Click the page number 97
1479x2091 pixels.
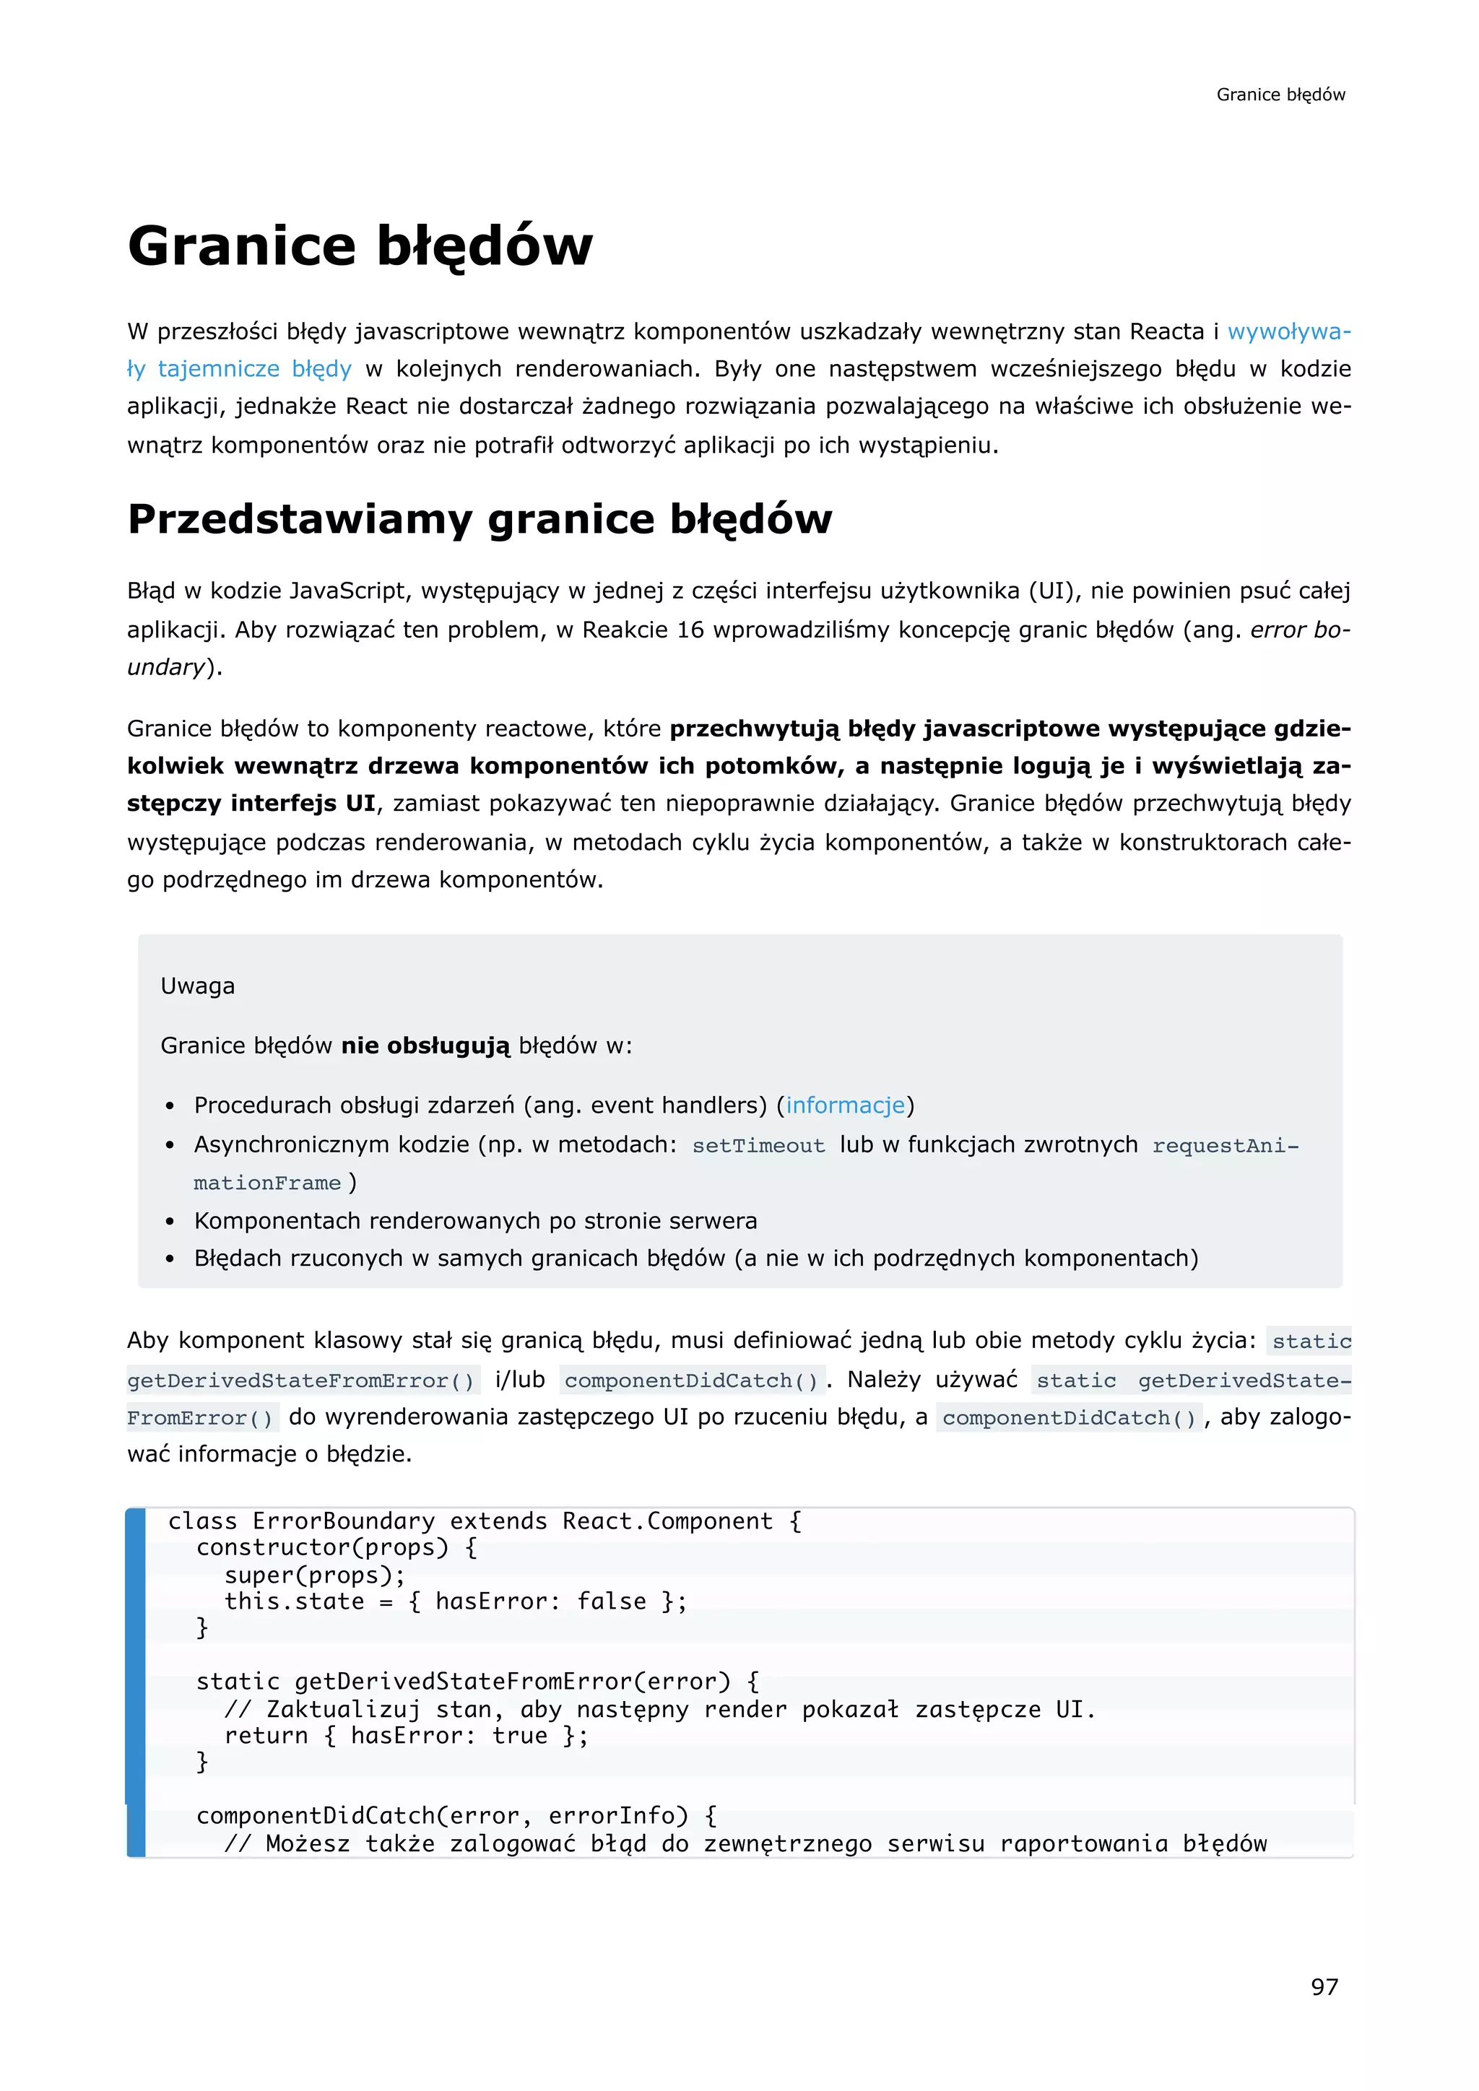coord(1324,1986)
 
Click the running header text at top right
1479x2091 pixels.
coord(1280,95)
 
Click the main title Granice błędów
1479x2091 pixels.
coord(360,246)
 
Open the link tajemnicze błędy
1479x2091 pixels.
coord(254,369)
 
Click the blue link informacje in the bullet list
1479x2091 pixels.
coord(845,1105)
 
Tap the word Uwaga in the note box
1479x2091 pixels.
coord(198,986)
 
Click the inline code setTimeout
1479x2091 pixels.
coord(758,1146)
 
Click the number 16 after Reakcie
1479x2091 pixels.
coord(690,630)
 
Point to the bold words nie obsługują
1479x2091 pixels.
coord(425,1045)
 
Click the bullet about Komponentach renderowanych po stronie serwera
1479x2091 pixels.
coord(474,1220)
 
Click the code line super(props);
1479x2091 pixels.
coord(314,1575)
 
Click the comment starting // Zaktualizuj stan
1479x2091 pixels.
coord(659,1710)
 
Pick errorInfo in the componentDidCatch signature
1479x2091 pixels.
coord(617,1816)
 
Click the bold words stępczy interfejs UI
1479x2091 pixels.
coord(251,803)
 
